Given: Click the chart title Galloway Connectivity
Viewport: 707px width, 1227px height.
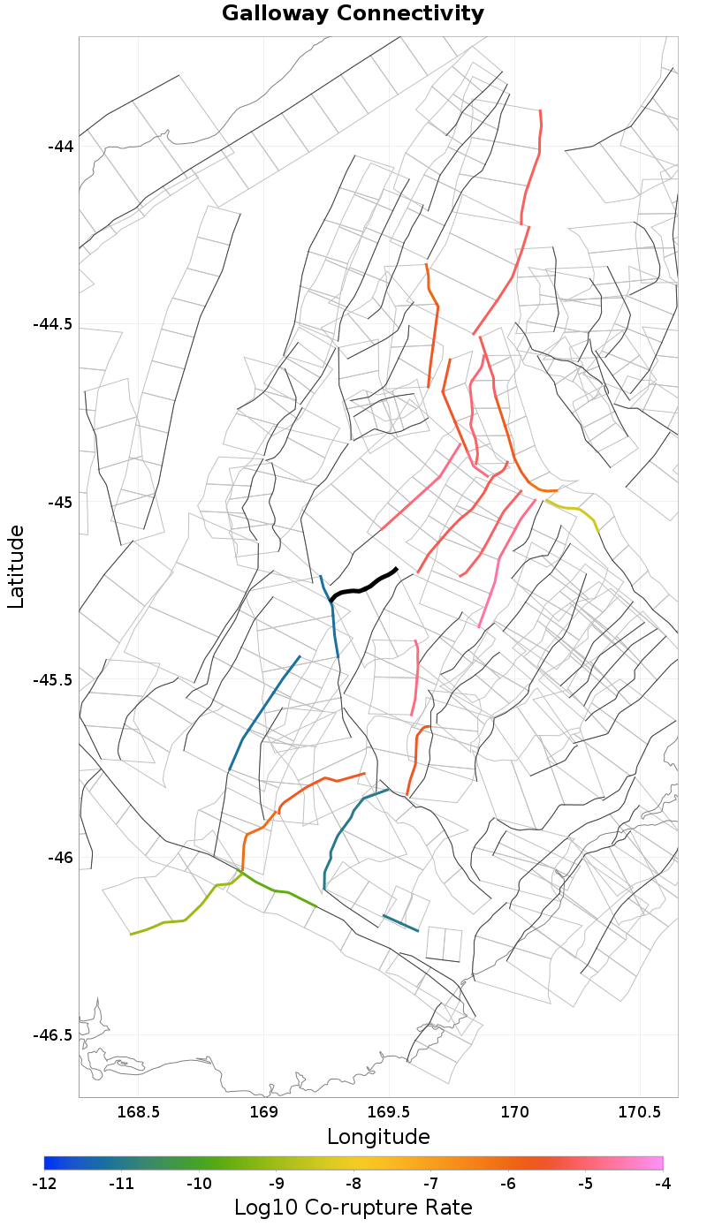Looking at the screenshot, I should click(353, 14).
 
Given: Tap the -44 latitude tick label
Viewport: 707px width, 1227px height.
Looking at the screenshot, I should click(60, 146).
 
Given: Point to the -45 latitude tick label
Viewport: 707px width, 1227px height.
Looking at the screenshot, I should click(60, 502).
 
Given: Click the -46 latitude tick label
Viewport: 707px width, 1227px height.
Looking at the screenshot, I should click(60, 858).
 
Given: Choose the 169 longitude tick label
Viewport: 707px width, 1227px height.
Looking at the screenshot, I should click(264, 1111).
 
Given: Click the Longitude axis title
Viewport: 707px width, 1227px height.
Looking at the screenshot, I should click(378, 1137).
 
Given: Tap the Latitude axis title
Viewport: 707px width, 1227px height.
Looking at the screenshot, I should click(16, 566).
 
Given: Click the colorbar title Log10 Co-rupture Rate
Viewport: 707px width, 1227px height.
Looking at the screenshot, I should click(353, 1208).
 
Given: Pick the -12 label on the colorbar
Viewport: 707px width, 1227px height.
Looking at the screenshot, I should click(44, 1183).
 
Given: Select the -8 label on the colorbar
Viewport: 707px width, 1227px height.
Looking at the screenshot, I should click(353, 1183).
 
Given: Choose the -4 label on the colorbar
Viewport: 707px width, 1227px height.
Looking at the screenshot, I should click(663, 1183).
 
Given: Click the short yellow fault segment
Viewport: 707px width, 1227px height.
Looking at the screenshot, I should click(576, 510).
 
